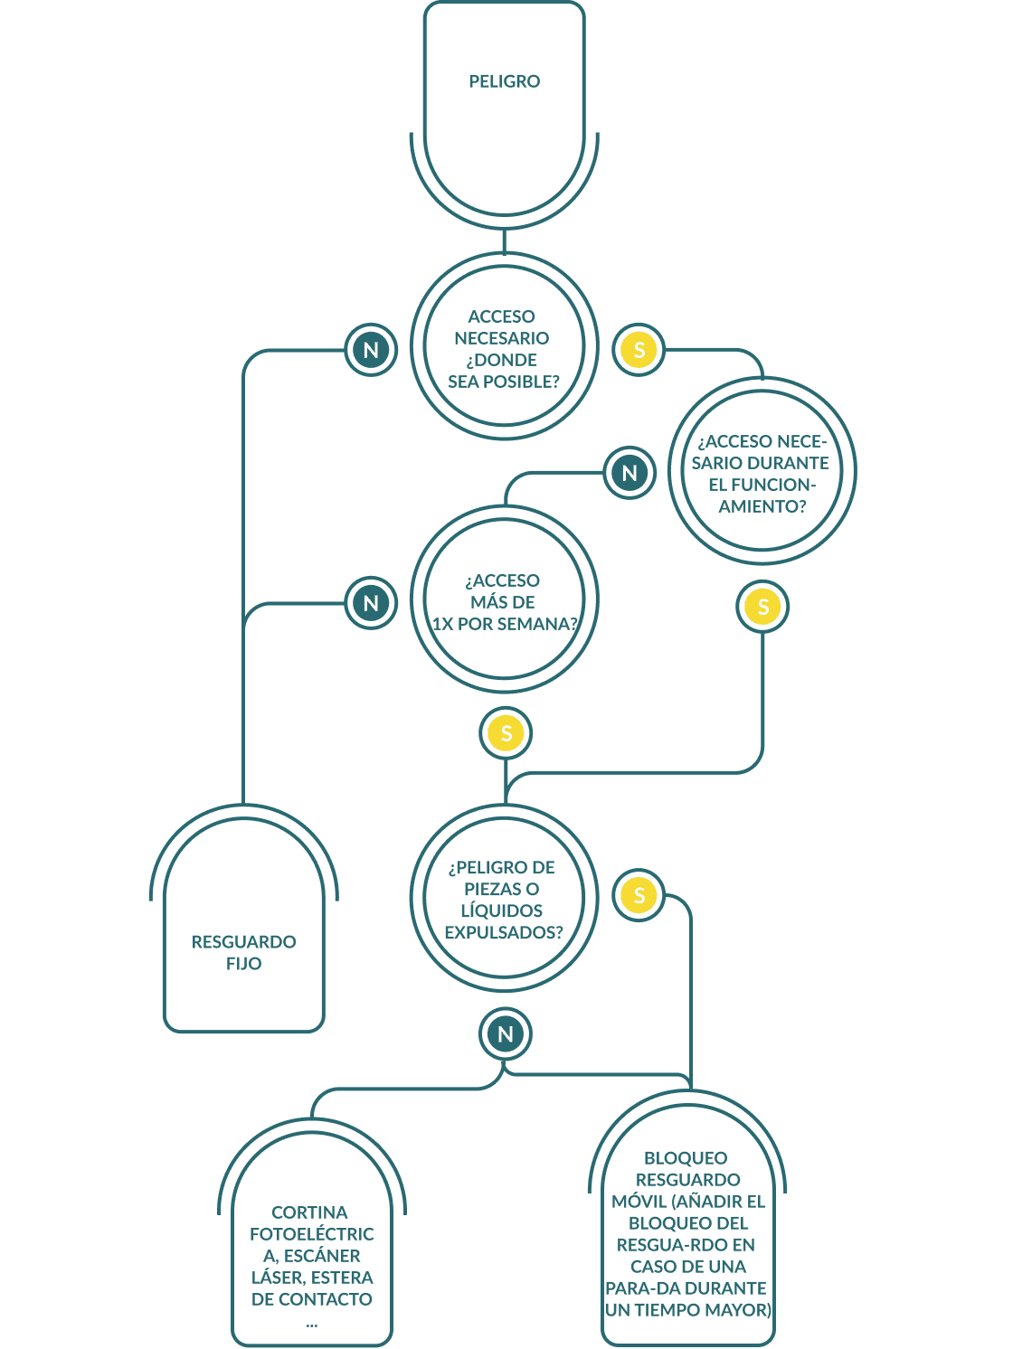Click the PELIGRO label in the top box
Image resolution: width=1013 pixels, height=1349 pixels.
pyautogui.click(x=504, y=81)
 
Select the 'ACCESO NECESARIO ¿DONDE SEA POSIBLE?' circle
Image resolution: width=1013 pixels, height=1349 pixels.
pyautogui.click(x=504, y=347)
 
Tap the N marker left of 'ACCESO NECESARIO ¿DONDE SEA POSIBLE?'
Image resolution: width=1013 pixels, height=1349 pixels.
pyautogui.click(x=371, y=350)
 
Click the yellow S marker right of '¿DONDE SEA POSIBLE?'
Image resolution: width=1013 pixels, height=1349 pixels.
pyautogui.click(x=639, y=350)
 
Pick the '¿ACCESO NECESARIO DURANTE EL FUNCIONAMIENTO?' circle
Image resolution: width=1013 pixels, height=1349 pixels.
pyautogui.click(x=762, y=472)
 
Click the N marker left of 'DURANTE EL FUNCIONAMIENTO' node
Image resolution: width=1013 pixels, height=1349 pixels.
pyautogui.click(x=630, y=473)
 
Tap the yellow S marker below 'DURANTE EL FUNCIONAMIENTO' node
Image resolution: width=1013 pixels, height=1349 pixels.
pyautogui.click(x=762, y=607)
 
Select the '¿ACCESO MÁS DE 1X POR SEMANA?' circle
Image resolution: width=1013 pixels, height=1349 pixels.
pyautogui.click(x=504, y=600)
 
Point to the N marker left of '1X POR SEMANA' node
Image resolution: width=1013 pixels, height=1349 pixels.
pyautogui.click(x=371, y=603)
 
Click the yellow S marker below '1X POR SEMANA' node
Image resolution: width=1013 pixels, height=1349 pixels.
pyautogui.click(x=506, y=733)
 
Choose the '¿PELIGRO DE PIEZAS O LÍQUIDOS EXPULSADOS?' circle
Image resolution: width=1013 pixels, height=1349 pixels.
pyautogui.click(x=504, y=898)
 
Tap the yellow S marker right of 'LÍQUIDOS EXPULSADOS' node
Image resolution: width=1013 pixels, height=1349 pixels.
pyautogui.click(x=639, y=895)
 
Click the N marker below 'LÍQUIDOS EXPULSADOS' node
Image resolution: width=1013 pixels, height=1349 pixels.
pyautogui.click(x=506, y=1034)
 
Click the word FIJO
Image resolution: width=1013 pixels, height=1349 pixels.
pyautogui.click(x=244, y=964)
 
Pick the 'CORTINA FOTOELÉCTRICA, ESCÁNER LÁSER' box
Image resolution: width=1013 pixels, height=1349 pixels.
pyautogui.click(x=312, y=1248)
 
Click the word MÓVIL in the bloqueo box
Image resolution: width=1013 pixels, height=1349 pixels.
pyautogui.click(x=639, y=1202)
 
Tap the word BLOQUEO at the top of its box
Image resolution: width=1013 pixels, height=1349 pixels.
pyautogui.click(x=686, y=1158)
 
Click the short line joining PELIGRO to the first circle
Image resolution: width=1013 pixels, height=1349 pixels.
pyautogui.click(x=504, y=241)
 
